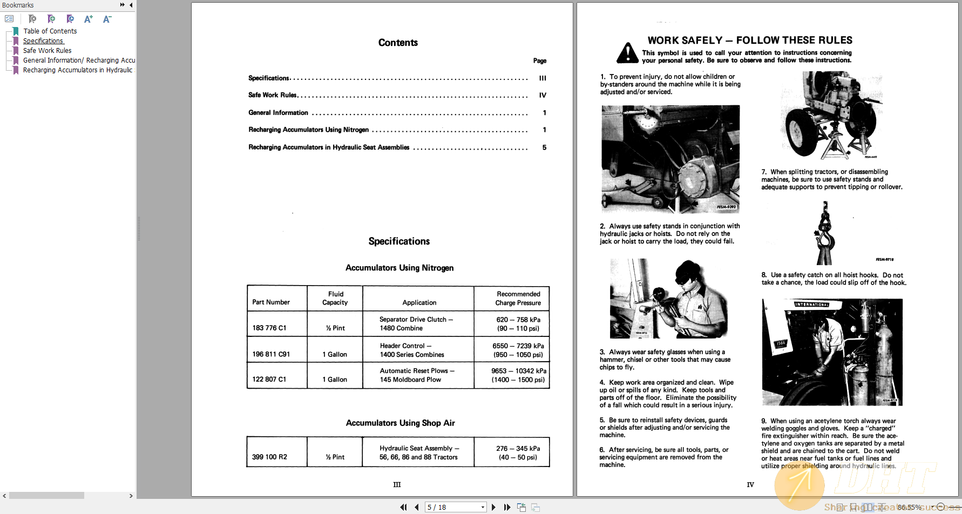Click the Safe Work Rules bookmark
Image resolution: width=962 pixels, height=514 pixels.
coord(47,51)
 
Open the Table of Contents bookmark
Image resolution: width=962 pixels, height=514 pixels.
coord(50,31)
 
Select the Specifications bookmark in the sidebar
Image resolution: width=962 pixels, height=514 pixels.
coord(43,41)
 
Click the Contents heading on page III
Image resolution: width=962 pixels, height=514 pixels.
coord(398,43)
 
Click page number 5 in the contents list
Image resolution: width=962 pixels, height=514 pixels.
coord(544,147)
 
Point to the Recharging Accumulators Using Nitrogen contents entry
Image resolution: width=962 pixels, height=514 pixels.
coord(308,130)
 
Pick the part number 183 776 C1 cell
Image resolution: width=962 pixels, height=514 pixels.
coord(269,328)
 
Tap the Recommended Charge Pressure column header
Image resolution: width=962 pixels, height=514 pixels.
coord(518,298)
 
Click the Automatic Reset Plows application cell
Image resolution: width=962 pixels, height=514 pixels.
coord(417,375)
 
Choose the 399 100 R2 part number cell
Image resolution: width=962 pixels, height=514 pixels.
coord(269,457)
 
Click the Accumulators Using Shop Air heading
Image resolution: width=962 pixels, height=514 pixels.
coord(400,423)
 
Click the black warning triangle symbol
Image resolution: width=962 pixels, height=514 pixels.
coord(627,53)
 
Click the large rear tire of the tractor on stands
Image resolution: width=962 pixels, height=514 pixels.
coord(801,131)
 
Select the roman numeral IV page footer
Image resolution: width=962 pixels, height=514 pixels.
coord(750,485)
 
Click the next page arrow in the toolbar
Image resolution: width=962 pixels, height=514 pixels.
coord(493,507)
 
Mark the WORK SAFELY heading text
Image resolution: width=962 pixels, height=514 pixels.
coord(749,40)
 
